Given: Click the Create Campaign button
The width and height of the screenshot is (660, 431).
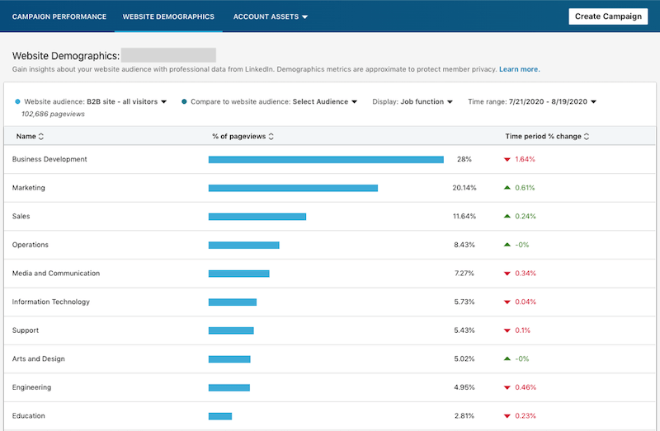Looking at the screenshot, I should (x=608, y=16).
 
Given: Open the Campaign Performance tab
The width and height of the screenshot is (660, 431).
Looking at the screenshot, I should (x=59, y=16).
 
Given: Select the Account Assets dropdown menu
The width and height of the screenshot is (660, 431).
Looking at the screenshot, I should (x=270, y=16).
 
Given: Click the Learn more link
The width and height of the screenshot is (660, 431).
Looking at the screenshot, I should (x=519, y=69).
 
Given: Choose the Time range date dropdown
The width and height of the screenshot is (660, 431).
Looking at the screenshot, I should (x=532, y=101).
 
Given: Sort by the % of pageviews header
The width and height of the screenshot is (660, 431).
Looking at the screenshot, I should (x=243, y=136).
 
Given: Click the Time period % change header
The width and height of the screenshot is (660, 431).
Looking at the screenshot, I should (x=547, y=136).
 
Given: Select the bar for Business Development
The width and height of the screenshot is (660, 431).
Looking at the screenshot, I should (x=326, y=160).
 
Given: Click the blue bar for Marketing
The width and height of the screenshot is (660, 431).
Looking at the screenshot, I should (x=293, y=188).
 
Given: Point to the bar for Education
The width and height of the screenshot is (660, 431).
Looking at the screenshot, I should (x=220, y=416).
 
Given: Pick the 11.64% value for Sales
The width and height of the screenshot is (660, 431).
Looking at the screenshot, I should (x=464, y=217).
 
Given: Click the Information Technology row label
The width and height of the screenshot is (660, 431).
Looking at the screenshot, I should (x=51, y=302).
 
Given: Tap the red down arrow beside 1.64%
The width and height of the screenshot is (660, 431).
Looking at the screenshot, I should (x=507, y=160).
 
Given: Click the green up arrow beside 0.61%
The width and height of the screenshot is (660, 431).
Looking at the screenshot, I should (x=507, y=188).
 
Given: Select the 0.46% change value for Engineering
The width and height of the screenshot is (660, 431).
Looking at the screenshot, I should (x=525, y=387).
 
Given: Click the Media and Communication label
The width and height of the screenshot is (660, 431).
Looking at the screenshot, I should (x=56, y=274).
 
